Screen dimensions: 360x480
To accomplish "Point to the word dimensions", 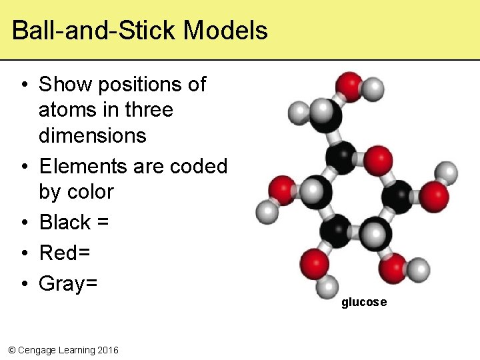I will [92, 135].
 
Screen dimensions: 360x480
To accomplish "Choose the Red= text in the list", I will [65, 253].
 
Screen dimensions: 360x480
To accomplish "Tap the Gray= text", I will [68, 283].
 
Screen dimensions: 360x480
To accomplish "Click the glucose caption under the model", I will [364, 303].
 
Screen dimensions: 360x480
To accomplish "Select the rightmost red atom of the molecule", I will [434, 195].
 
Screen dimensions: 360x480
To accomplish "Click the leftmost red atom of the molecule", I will [282, 189].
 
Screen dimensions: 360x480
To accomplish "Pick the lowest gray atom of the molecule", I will [327, 288].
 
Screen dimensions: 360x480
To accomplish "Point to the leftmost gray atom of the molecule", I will [268, 213].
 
